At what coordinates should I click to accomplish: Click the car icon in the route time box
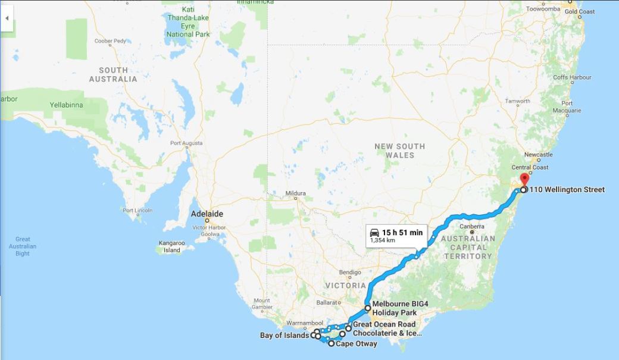(374, 232)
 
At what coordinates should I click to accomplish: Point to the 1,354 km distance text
(383, 240)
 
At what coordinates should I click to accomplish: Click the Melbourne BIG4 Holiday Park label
(400, 308)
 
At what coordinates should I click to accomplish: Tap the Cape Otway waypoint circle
(332, 343)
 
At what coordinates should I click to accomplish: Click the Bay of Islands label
(285, 336)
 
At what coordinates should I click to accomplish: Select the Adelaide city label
(207, 214)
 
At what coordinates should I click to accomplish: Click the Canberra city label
(473, 226)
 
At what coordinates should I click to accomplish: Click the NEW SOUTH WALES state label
(399, 151)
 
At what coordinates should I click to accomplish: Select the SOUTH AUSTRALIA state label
(113, 74)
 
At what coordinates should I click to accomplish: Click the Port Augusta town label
(186, 143)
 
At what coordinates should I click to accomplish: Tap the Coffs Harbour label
(572, 77)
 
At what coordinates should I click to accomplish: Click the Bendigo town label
(349, 273)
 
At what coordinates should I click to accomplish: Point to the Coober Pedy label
(110, 41)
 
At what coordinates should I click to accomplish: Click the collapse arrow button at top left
(7, 18)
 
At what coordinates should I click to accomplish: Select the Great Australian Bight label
(23, 246)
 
